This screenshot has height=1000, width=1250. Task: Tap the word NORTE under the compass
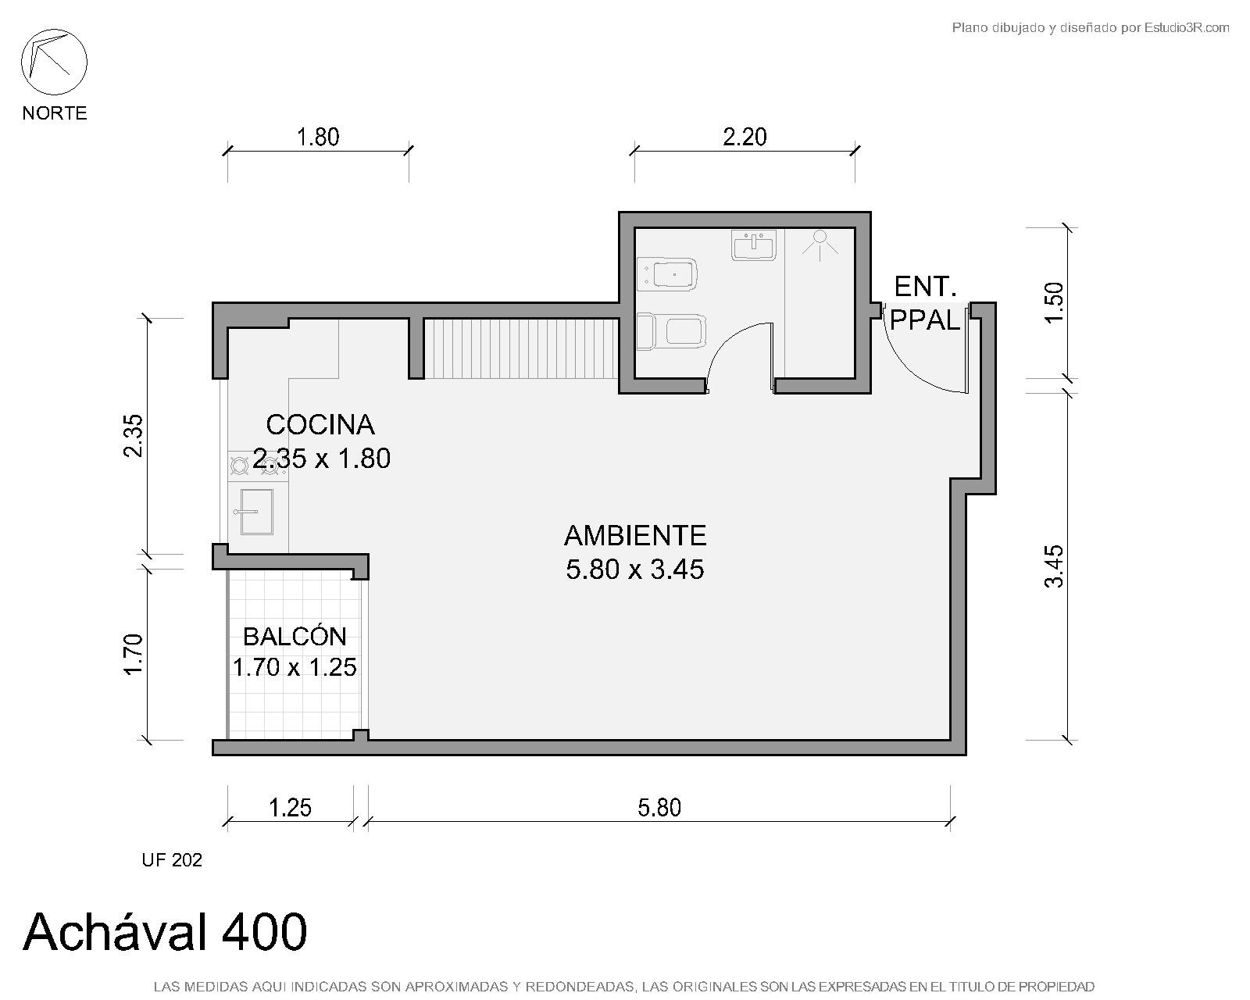55,112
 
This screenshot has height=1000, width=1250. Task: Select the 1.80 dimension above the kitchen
318,137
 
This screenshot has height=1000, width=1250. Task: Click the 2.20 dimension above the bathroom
745,137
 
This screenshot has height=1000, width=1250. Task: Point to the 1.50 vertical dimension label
1054,302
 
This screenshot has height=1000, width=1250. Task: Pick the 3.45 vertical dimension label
1054,566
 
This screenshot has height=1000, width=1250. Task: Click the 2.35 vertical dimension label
134,435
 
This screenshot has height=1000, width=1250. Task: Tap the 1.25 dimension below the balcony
291,808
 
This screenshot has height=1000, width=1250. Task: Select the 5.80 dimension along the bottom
659,808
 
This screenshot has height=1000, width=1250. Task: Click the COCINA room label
320,425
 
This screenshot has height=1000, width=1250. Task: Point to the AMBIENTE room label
635,535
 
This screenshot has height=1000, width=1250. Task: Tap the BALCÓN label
295,637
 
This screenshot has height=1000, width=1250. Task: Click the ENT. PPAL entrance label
925,303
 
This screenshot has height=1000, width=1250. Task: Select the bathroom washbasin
754,245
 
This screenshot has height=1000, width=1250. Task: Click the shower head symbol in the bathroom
820,244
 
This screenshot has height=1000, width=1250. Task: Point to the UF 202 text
172,860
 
